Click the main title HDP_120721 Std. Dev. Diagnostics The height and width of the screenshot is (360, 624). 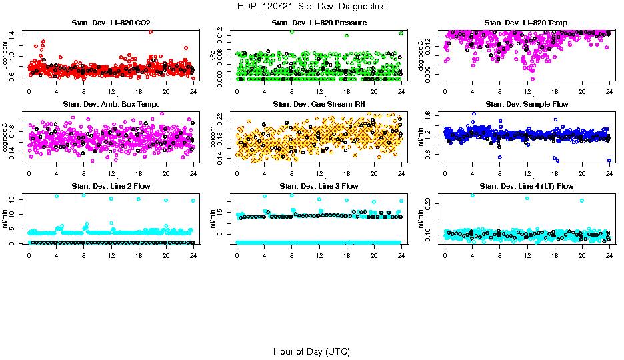(311, 7)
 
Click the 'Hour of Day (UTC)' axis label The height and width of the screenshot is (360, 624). (311, 351)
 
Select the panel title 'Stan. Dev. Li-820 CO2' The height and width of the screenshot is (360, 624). (111, 23)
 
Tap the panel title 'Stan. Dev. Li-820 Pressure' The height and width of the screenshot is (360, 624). (319, 23)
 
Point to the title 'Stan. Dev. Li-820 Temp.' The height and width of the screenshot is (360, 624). (527, 23)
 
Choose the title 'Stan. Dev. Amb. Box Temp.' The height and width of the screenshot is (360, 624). (111, 104)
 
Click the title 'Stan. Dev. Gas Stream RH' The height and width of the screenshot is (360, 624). (319, 104)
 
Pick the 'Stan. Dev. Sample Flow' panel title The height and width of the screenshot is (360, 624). (527, 104)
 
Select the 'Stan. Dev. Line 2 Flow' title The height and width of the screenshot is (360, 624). (111, 186)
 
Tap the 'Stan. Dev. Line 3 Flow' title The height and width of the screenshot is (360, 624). (319, 186)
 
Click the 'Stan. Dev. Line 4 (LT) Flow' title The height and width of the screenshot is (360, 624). (527, 186)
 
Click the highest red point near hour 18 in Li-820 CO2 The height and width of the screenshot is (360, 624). (151, 31)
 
